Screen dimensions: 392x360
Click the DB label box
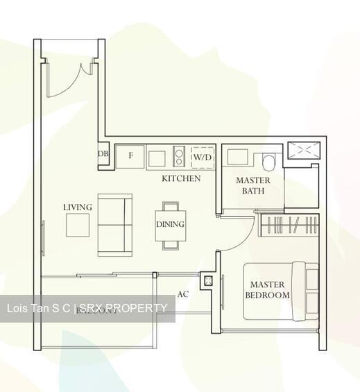point(103,154)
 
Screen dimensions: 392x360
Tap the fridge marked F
point(130,156)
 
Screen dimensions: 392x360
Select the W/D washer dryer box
point(203,157)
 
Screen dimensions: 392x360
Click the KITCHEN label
point(181,178)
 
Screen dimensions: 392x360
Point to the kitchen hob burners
point(178,157)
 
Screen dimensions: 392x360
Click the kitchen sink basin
point(157,157)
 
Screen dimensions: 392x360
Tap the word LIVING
point(78,207)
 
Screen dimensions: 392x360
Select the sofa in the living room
point(114,225)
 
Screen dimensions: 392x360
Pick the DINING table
point(170,225)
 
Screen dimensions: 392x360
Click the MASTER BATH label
point(253,185)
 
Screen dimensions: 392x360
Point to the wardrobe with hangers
point(290,225)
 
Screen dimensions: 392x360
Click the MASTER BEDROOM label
point(267,289)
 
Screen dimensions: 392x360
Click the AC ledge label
point(182,294)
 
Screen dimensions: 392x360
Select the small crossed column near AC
point(207,280)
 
